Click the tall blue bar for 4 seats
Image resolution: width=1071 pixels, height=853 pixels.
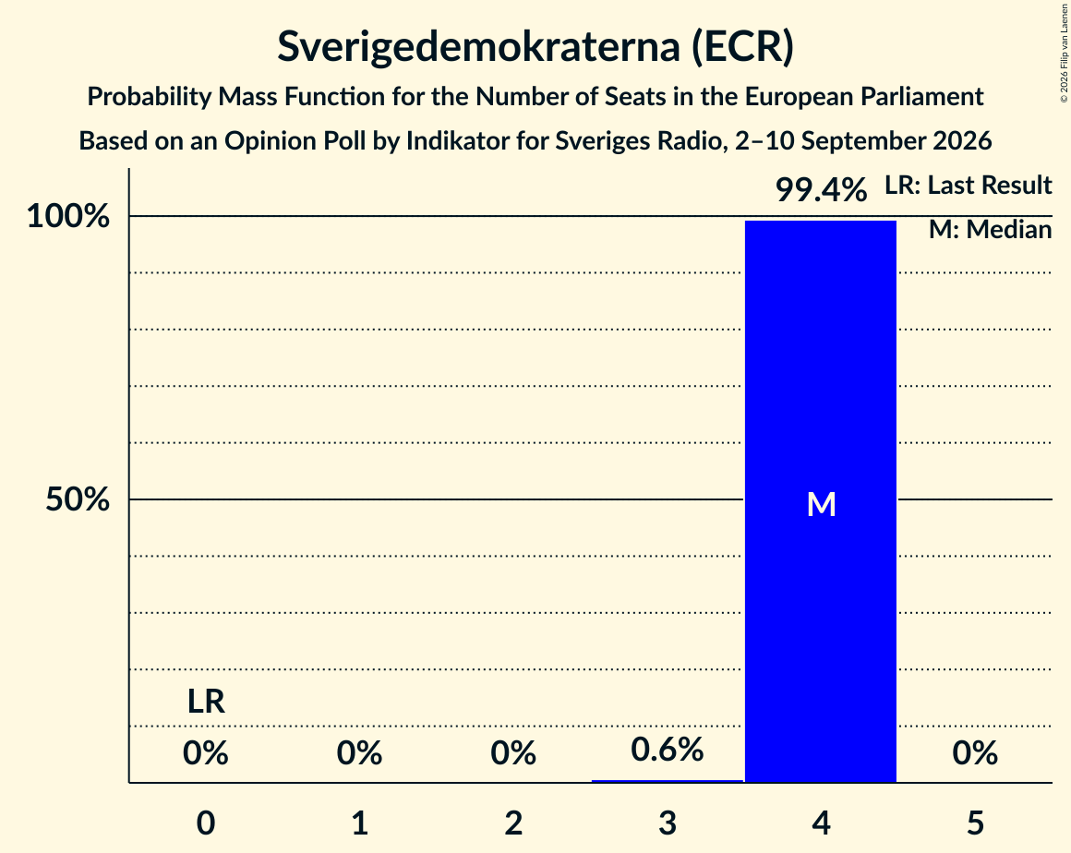[x=820, y=501]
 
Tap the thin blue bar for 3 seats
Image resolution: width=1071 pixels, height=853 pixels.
[x=667, y=781]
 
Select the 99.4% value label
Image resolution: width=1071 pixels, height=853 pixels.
[x=821, y=189]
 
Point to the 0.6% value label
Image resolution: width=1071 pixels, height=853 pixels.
[x=667, y=750]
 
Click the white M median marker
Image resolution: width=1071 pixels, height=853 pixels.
[x=821, y=504]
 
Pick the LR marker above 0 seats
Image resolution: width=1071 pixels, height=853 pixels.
[x=206, y=702]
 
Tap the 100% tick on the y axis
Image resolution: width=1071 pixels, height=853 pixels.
[x=68, y=217]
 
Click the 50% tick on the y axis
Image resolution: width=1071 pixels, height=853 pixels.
[x=78, y=499]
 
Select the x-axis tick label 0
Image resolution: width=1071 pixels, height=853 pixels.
[x=206, y=823]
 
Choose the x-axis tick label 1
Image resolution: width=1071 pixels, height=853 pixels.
[x=360, y=823]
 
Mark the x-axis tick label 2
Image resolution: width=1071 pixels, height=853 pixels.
[x=513, y=823]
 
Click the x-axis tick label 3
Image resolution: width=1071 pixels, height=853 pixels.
[x=668, y=823]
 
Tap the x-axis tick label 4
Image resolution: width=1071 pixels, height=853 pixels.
[x=821, y=823]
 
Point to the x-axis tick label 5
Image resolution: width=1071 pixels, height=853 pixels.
[x=975, y=823]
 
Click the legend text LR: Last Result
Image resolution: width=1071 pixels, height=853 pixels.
[x=968, y=185]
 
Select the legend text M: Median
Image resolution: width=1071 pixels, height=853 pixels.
[x=990, y=230]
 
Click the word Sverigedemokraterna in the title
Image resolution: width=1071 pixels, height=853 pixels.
[x=479, y=46]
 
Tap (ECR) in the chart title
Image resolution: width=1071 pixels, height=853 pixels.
[x=742, y=46]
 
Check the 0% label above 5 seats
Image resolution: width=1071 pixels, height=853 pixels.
[x=975, y=752]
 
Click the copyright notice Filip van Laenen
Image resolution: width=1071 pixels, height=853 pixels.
[x=1065, y=53]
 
